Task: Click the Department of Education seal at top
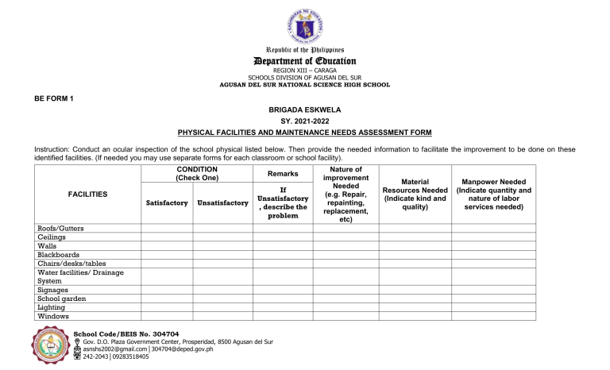305,25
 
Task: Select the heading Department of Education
305,61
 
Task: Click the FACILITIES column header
88,195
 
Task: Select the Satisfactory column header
166,203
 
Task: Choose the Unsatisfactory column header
222,203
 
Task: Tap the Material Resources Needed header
415,195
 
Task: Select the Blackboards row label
60,255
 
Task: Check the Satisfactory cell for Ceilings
166,237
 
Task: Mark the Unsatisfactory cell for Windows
222,316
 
